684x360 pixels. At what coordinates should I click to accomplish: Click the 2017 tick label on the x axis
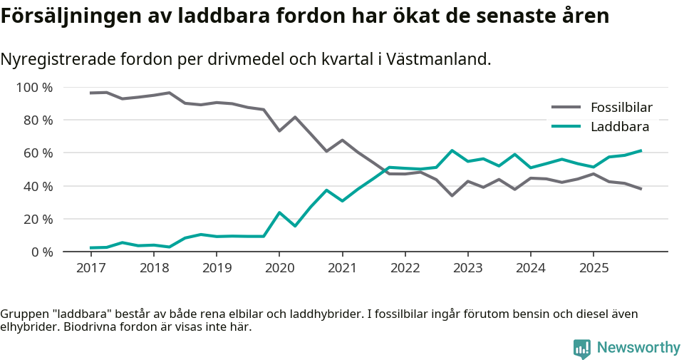pos(90,268)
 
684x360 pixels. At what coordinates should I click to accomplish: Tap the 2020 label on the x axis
pos(279,268)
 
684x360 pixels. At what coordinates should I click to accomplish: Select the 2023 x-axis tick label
pos(468,268)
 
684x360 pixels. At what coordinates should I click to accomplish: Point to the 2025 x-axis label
pos(594,268)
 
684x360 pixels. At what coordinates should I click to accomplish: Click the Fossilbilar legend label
pos(621,108)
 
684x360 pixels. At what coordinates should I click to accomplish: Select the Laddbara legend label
pos(619,127)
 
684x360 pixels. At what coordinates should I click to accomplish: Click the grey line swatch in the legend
pos(566,108)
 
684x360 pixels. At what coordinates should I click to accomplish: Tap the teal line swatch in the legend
pos(566,127)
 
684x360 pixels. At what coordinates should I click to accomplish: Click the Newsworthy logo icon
pos(581,348)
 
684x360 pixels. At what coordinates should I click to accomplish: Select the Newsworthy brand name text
pos(638,348)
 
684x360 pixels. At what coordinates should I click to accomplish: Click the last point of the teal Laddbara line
pos(641,150)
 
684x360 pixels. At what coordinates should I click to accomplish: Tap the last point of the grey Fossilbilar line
pos(641,189)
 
